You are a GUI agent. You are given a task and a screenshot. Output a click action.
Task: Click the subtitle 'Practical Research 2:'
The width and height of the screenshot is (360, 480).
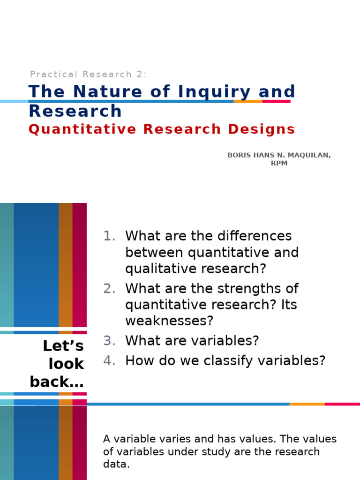tap(88, 74)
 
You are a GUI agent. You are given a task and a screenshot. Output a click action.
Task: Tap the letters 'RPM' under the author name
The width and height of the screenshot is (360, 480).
tap(279, 164)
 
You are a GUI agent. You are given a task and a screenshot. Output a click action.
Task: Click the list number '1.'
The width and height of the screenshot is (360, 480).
tap(109, 236)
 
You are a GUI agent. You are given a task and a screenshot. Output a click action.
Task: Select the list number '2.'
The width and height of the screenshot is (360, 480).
tap(109, 288)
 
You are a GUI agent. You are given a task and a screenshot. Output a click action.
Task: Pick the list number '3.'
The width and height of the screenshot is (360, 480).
tap(109, 341)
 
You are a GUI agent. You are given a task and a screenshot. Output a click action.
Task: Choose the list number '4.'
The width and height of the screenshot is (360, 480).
tap(109, 361)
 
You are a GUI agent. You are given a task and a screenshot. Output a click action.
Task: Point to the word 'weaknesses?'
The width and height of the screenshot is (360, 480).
tap(169, 321)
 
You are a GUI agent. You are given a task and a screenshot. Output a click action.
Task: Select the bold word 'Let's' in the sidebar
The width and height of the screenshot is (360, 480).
tap(63, 346)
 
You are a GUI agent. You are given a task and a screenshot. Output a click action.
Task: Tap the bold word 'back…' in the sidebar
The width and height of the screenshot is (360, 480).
tap(57, 382)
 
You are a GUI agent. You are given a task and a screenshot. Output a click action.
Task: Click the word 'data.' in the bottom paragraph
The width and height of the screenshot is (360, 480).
tap(116, 465)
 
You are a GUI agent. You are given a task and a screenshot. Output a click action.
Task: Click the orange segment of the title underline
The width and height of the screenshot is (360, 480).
tap(248, 101)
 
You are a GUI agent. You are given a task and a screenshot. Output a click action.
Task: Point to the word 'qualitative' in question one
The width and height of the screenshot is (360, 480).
tap(158, 269)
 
